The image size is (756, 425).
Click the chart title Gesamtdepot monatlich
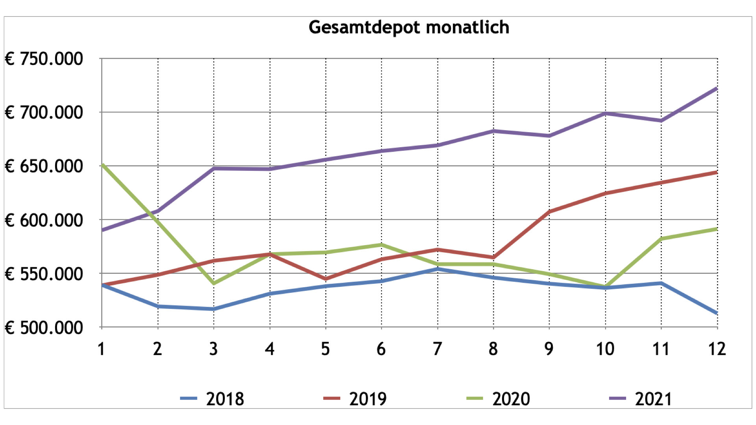409,28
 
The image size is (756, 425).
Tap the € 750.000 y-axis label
44,59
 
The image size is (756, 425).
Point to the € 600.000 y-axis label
44,220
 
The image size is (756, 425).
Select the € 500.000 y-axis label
44,328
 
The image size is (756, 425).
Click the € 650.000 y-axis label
44,166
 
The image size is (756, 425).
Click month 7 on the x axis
437,349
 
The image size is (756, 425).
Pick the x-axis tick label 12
717,349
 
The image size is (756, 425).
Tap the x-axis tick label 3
213,349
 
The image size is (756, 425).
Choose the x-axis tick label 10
605,349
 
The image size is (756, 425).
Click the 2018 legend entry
213,399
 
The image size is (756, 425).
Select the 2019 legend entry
356,399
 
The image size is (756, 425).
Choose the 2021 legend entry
641,399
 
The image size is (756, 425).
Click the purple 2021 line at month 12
716,89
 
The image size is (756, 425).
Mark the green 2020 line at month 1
102,165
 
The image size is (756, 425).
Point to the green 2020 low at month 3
214,283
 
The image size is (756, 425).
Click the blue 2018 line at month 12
716,313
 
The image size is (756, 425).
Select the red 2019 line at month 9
549,212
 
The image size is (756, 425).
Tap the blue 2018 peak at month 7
437,269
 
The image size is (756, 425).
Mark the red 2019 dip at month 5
326,279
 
